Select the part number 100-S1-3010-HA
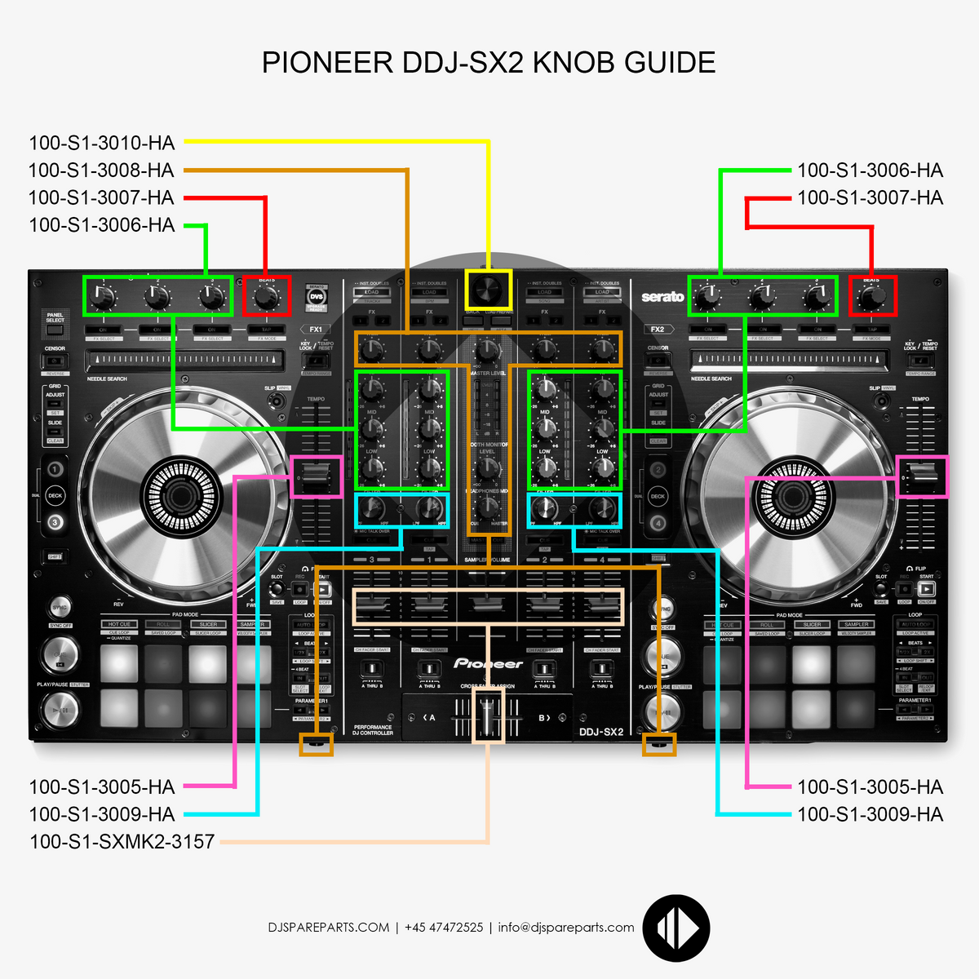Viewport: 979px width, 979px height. point(102,143)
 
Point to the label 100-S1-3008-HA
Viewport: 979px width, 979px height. point(101,171)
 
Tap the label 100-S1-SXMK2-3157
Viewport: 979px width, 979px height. point(122,841)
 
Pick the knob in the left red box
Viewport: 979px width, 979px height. point(266,298)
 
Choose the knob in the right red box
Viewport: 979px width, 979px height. point(872,298)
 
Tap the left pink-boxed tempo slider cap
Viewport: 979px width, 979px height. point(317,476)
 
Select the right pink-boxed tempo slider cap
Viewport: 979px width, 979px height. point(923,476)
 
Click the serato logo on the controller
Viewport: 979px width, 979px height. point(662,297)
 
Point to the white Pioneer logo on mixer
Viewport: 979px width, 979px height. point(488,664)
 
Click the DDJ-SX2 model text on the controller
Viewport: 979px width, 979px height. point(601,732)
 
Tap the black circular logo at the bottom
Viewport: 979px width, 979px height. point(676,928)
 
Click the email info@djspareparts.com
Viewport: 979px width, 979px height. point(566,928)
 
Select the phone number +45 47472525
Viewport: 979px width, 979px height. point(444,928)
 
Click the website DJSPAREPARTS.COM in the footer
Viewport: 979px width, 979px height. point(328,928)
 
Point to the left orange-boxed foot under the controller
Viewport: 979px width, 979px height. point(317,744)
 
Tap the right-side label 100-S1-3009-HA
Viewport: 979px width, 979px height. point(870,814)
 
